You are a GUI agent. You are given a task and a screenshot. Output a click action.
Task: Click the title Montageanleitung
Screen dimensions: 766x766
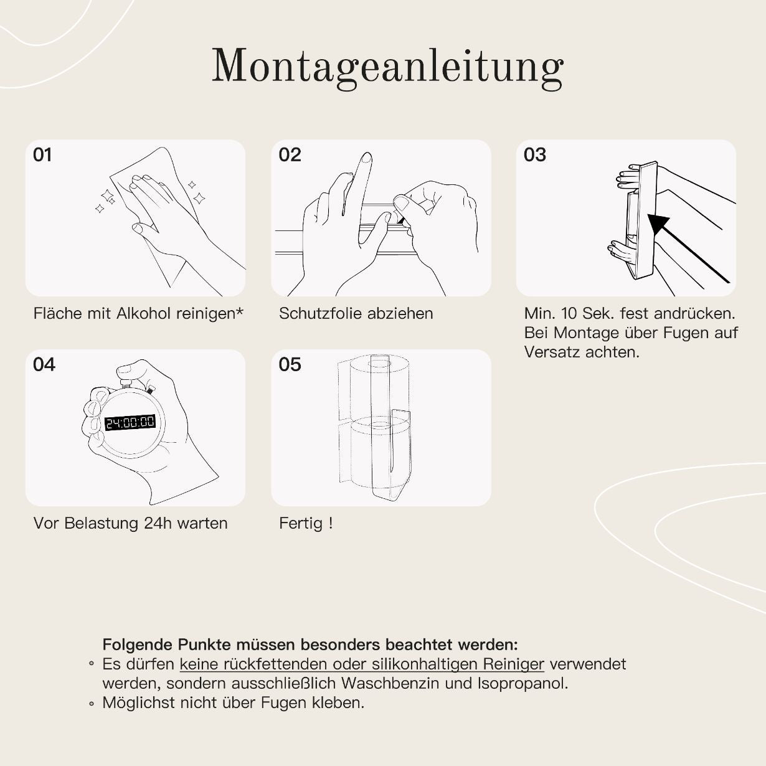coord(387,66)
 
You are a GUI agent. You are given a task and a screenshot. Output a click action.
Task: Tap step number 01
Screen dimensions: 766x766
coord(42,155)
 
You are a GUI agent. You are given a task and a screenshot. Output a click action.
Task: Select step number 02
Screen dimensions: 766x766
coord(290,155)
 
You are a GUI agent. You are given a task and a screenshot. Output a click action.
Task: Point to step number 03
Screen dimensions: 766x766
coord(534,155)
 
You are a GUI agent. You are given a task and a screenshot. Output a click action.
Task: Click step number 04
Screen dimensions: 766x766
coord(44,365)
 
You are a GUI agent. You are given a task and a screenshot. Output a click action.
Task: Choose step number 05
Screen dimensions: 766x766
coord(290,365)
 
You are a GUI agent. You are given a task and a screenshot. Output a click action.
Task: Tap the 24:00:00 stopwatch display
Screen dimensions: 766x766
coord(130,423)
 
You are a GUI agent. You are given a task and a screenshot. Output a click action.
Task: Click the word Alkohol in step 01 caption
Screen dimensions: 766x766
coord(144,313)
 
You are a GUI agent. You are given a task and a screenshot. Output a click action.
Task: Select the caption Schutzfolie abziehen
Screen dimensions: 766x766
coord(356,313)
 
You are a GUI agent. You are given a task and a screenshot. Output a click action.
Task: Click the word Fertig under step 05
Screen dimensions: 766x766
coord(300,523)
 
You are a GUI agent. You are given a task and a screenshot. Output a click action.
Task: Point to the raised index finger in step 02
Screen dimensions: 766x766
coord(360,181)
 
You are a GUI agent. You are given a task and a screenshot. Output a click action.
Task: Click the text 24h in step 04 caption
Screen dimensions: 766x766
coord(158,523)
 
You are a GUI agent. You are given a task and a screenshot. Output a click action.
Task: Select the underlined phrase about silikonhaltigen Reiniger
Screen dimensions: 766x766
coord(362,664)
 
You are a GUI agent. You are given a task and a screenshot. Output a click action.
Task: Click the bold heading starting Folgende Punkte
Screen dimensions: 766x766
coord(310,644)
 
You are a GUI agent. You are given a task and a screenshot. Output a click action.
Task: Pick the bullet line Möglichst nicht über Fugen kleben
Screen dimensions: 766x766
coord(233,703)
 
